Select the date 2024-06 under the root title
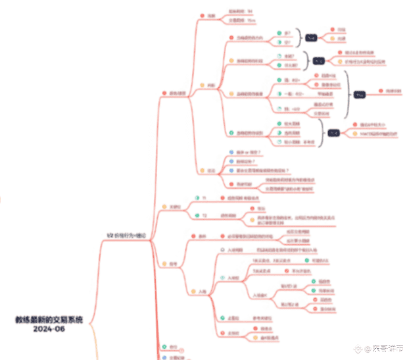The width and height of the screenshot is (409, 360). (x=50, y=328)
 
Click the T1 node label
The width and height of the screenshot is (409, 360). (x=204, y=198)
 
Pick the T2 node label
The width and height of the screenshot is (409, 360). (x=204, y=215)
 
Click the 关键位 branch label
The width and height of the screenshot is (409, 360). (x=175, y=207)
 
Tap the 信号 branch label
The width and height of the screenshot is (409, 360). (x=173, y=264)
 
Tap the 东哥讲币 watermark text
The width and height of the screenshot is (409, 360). (x=389, y=347)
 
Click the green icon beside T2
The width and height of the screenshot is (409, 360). (x=189, y=215)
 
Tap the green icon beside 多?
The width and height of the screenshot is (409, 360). (x=279, y=32)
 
